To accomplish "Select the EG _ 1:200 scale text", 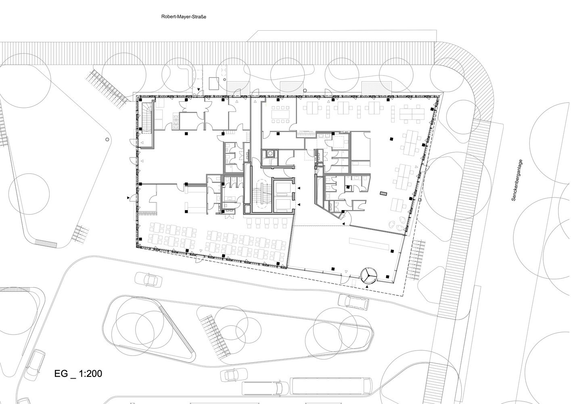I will [x=78, y=374].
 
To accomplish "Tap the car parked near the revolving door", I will [x=353, y=301].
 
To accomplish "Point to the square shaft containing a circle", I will [x=268, y=154].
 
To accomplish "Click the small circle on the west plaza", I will [x=107, y=139].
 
